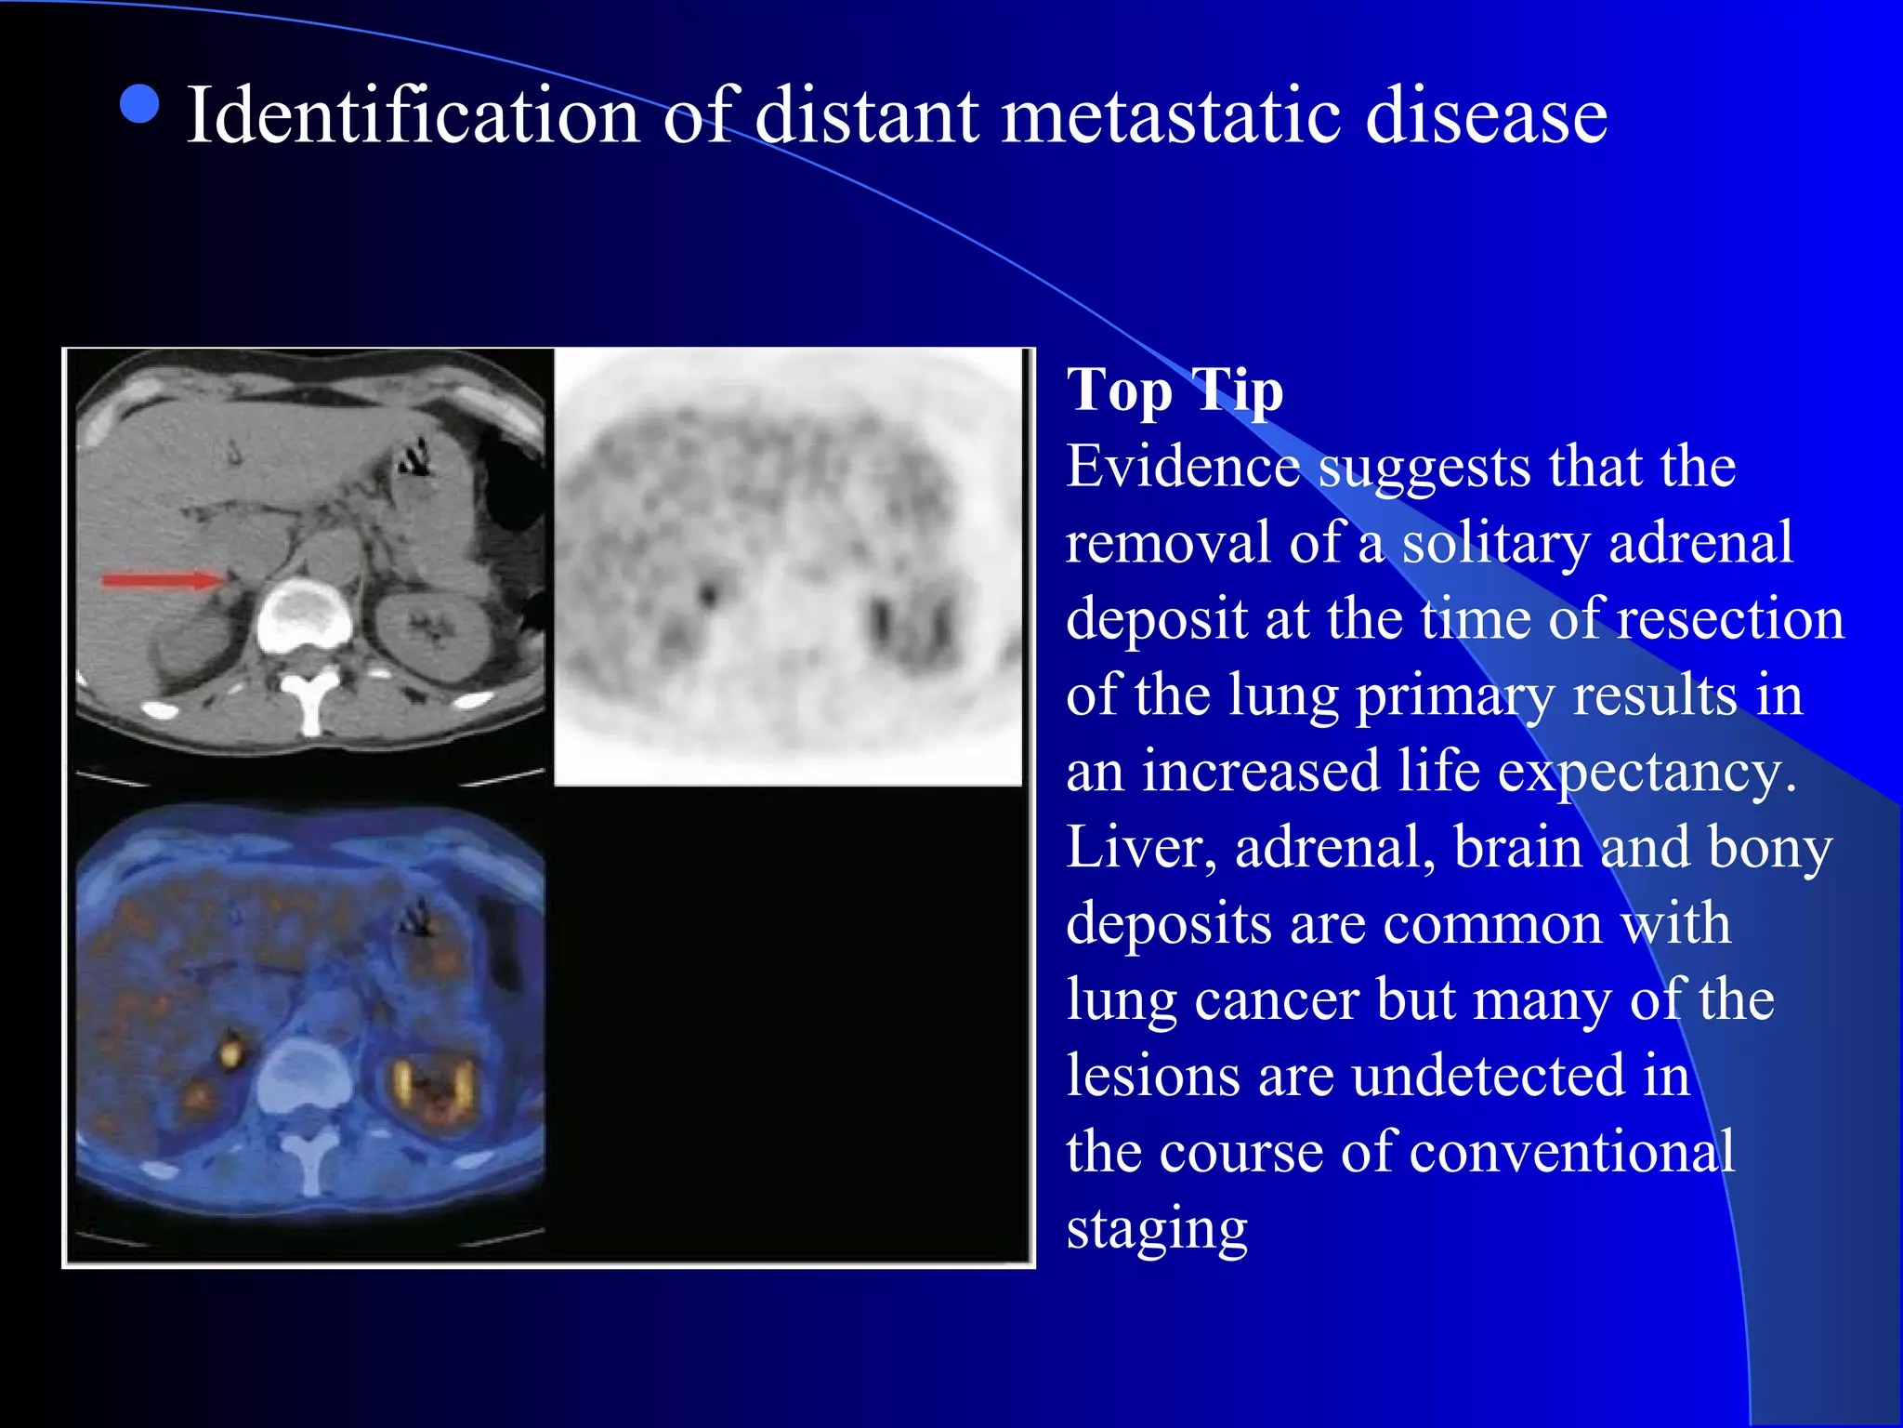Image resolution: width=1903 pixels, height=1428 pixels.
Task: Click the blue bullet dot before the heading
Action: (x=140, y=104)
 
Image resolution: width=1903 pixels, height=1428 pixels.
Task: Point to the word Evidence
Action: (x=1182, y=466)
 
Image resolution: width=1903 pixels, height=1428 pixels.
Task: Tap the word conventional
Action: (x=1571, y=1153)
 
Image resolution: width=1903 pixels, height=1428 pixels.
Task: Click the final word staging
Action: (x=1157, y=1230)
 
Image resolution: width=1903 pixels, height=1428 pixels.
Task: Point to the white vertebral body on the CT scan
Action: (x=304, y=616)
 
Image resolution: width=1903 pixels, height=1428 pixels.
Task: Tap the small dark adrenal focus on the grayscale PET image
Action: (x=710, y=592)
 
